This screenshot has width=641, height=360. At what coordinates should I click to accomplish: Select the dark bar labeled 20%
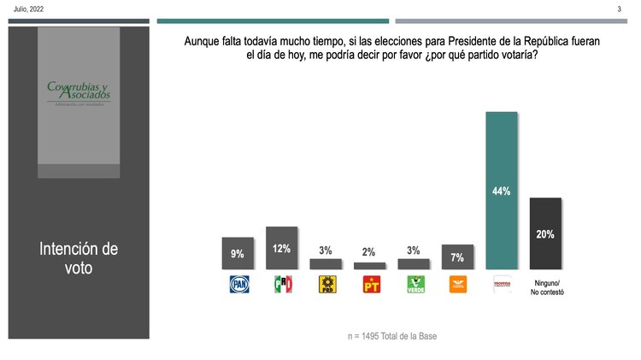tap(545, 233)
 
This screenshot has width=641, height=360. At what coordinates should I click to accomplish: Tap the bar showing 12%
tap(281, 248)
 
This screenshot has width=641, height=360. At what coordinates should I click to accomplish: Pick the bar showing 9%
tap(237, 253)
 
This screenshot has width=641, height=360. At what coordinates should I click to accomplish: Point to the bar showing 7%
tap(457, 257)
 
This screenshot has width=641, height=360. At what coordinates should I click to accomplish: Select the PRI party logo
tap(281, 284)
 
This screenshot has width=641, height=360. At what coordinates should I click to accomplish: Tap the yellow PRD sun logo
tap(326, 284)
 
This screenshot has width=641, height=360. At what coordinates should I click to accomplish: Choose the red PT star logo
tap(369, 284)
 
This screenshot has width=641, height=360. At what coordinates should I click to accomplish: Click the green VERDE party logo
tap(414, 284)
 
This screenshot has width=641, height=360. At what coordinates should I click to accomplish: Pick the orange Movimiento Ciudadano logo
tap(457, 284)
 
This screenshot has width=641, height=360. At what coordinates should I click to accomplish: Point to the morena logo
tap(502, 284)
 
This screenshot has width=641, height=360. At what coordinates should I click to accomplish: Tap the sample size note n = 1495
tap(392, 336)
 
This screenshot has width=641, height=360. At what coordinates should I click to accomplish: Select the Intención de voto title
tap(79, 257)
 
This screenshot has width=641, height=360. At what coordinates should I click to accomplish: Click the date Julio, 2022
tap(28, 9)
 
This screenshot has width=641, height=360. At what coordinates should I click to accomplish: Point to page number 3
tap(619, 9)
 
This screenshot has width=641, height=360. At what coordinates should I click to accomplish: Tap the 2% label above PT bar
tap(369, 251)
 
